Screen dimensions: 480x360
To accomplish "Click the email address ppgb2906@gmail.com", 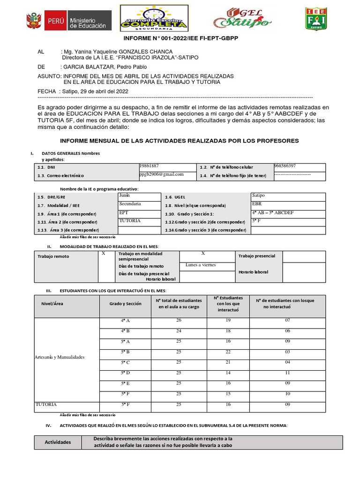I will (x=161, y=174).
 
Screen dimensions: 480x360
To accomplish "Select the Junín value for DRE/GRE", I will (x=124, y=195).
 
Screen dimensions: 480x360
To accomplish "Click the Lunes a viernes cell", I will (x=201, y=265).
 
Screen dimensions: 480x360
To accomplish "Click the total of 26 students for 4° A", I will (x=179, y=320).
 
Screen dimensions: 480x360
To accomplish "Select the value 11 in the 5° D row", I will (x=287, y=372).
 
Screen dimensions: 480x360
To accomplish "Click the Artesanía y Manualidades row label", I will (x=60, y=357).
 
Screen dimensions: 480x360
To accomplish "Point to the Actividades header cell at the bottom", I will (x=58, y=442).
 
